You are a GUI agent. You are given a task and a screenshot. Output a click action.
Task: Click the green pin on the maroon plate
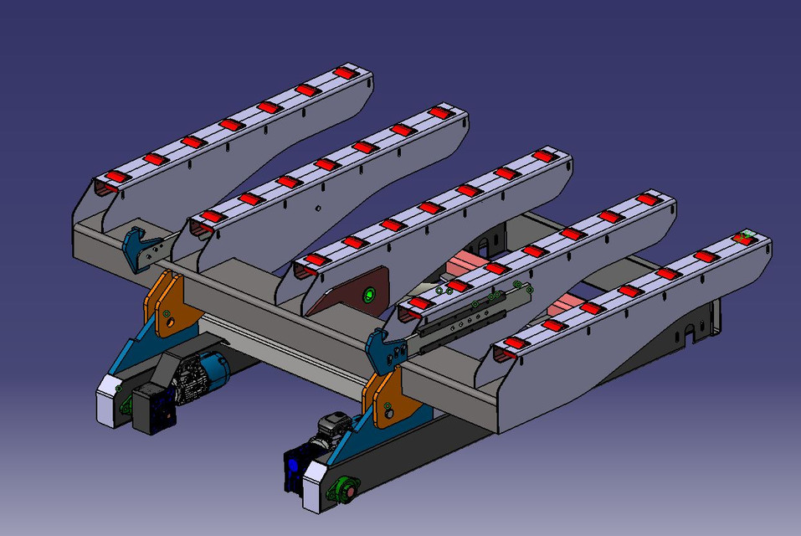coord(367,295)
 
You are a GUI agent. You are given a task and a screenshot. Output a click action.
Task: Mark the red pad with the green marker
coord(743,239)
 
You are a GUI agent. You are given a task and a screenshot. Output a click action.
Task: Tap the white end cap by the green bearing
coord(318,486)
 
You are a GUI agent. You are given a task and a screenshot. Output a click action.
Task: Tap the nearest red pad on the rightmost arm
coord(512,345)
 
